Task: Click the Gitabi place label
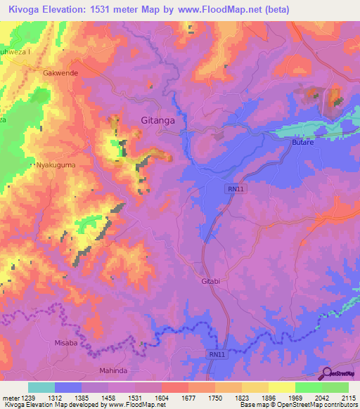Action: [207, 281]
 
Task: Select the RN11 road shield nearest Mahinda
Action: [218, 356]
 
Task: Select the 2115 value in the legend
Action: [348, 398]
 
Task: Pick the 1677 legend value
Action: [188, 398]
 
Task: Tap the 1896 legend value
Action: [268, 398]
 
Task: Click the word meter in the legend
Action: [10, 398]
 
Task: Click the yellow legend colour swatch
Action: [281, 387]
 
